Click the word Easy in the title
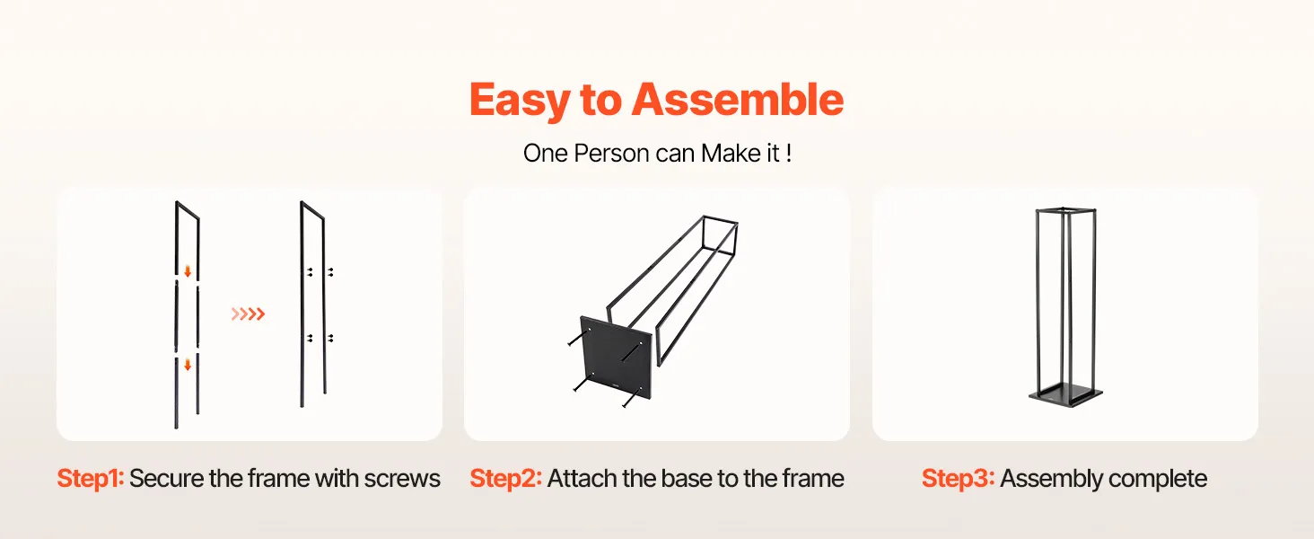tap(520, 101)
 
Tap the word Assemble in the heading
tap(738, 99)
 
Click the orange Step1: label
tap(91, 479)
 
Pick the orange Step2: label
tap(505, 479)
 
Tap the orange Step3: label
tap(958, 479)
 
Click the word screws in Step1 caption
tap(402, 479)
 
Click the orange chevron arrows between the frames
tap(248, 314)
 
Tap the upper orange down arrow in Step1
tap(188, 271)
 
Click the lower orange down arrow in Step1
tap(188, 366)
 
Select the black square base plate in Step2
tap(617, 358)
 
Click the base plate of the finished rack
tap(1065, 397)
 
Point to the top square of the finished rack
tap(1065, 210)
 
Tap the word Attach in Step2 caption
tap(583, 479)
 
